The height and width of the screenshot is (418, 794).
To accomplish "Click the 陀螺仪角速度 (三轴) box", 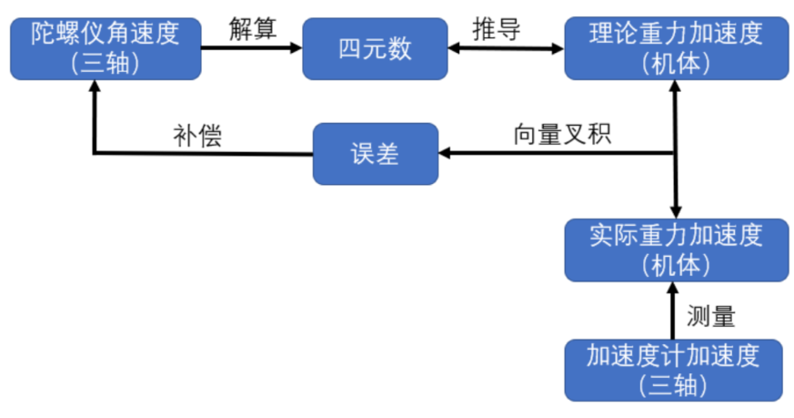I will point(106,49).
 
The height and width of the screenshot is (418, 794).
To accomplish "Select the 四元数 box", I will point(375,49).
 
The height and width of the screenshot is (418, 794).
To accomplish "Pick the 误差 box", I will point(375,154).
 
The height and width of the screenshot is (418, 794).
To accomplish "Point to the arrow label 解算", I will point(251,29).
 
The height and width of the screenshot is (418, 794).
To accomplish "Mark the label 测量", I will point(711,316).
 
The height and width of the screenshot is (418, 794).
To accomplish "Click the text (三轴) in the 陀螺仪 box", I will point(106,65).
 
